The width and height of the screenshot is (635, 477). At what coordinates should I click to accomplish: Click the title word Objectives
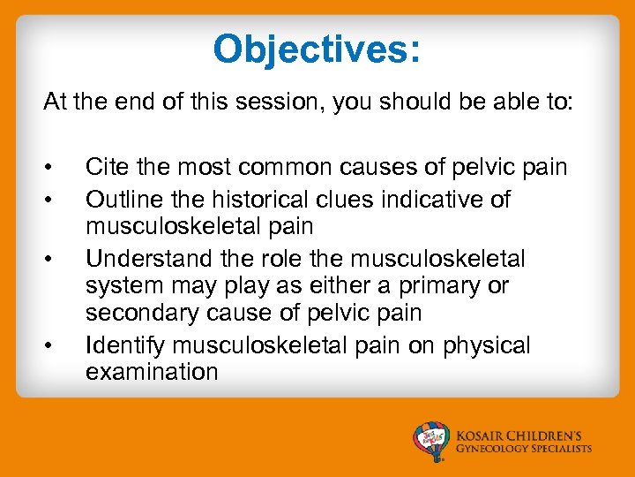tap(317, 50)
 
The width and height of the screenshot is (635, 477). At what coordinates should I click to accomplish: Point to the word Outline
tap(123, 200)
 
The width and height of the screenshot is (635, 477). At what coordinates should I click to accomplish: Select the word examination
tap(151, 372)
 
